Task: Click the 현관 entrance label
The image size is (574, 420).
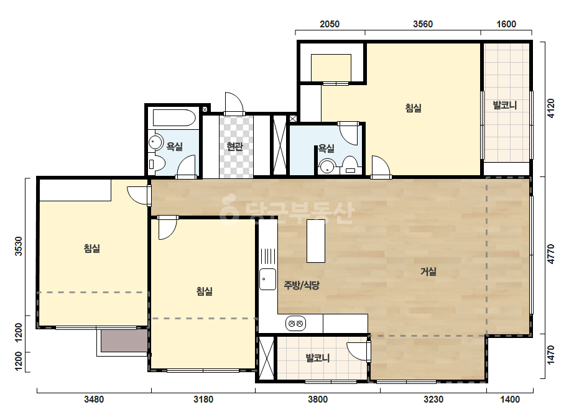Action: click(234, 147)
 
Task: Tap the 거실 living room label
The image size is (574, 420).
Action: click(428, 272)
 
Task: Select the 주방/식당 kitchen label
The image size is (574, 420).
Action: click(302, 285)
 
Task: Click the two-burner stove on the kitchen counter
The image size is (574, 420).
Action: click(295, 324)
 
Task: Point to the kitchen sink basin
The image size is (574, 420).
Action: click(267, 279)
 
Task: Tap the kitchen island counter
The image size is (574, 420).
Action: click(315, 240)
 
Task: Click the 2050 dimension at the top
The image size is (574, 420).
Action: click(330, 24)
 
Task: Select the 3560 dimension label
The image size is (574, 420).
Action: click(423, 24)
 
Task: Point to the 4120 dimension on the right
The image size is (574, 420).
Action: click(550, 108)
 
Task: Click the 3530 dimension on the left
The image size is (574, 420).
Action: click(18, 246)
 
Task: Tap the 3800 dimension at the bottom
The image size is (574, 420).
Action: click(317, 399)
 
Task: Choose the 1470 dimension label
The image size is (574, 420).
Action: click(550, 355)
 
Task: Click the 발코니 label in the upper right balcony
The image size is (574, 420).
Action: click(505, 106)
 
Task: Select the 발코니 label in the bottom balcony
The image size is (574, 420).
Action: click(318, 358)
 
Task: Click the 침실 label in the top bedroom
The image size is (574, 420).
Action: click(414, 108)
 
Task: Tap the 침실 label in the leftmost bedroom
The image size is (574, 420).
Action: click(92, 249)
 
